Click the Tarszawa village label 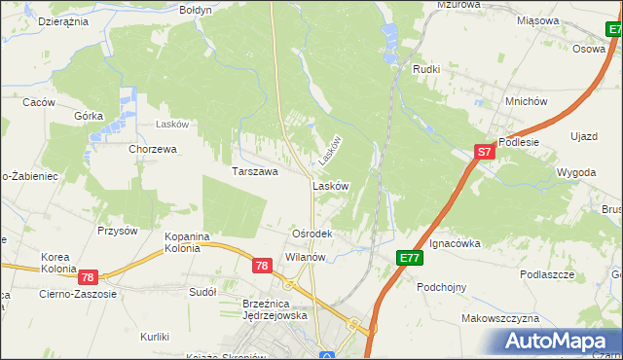tap(255, 171)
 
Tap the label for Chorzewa tap(153, 150)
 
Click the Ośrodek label tap(312, 234)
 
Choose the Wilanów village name tap(304, 257)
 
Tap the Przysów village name tap(117, 231)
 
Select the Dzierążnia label tap(62, 20)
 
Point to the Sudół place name tap(202, 291)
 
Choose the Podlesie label tap(519, 142)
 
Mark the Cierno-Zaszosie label tap(77, 293)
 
